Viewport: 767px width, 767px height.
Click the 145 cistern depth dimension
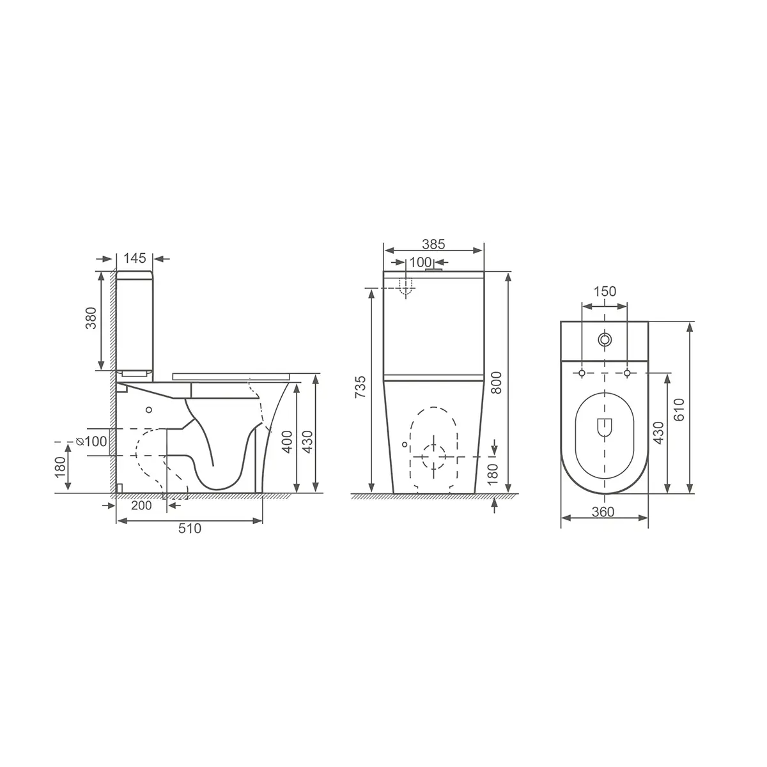135,258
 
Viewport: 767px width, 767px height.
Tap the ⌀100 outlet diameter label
91,441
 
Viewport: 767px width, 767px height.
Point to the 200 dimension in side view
141,506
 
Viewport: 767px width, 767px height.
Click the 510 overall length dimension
189,529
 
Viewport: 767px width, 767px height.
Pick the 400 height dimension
288,441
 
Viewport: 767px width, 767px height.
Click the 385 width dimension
433,244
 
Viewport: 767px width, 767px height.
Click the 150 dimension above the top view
605,292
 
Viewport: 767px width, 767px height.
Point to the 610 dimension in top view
679,408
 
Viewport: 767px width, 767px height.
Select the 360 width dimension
603,512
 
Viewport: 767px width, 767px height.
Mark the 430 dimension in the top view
658,433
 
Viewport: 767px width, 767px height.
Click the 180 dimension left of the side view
59,467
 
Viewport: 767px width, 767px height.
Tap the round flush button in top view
604,339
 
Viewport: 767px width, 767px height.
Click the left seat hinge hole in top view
582,373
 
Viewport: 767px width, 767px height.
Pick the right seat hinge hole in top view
627,373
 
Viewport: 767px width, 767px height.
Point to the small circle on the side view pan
148,410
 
